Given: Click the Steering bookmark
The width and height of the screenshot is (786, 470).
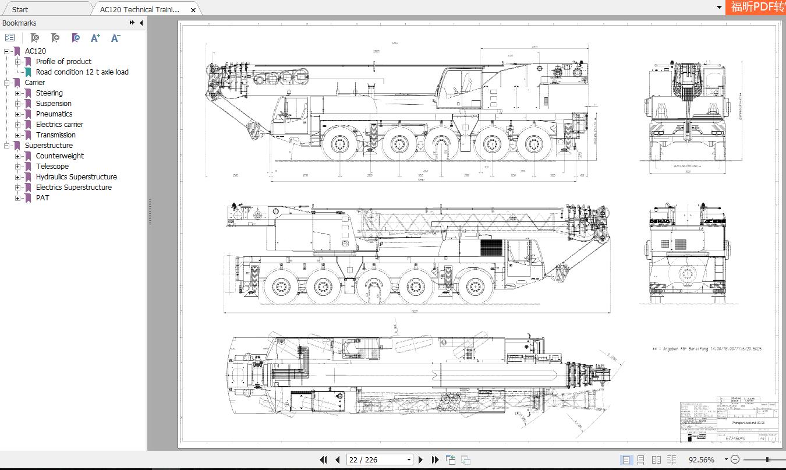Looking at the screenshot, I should point(49,93).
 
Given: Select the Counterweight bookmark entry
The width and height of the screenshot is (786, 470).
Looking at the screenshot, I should point(59,156).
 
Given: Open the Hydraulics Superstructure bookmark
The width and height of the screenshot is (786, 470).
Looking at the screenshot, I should point(76,177).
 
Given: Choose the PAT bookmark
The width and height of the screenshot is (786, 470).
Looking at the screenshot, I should point(43,198).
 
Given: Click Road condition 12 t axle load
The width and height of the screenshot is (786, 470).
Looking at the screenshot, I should point(82,72).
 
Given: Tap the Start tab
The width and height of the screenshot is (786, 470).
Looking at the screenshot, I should point(20,9).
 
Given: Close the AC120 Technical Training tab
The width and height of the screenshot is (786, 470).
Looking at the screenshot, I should point(193,10).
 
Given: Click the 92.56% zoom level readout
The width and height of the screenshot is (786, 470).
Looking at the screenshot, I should point(701,460).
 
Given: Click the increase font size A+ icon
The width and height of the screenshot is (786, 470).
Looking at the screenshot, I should point(95,38).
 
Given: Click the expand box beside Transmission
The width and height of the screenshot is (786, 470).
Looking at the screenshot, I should point(18,135).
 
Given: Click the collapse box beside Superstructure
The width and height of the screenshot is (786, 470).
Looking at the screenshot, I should point(7,146).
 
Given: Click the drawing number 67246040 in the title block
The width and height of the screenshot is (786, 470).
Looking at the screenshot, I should point(735,438).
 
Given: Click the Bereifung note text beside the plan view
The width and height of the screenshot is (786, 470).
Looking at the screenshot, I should point(706,349).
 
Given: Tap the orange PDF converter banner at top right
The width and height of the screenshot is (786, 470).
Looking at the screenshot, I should point(756,7).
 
